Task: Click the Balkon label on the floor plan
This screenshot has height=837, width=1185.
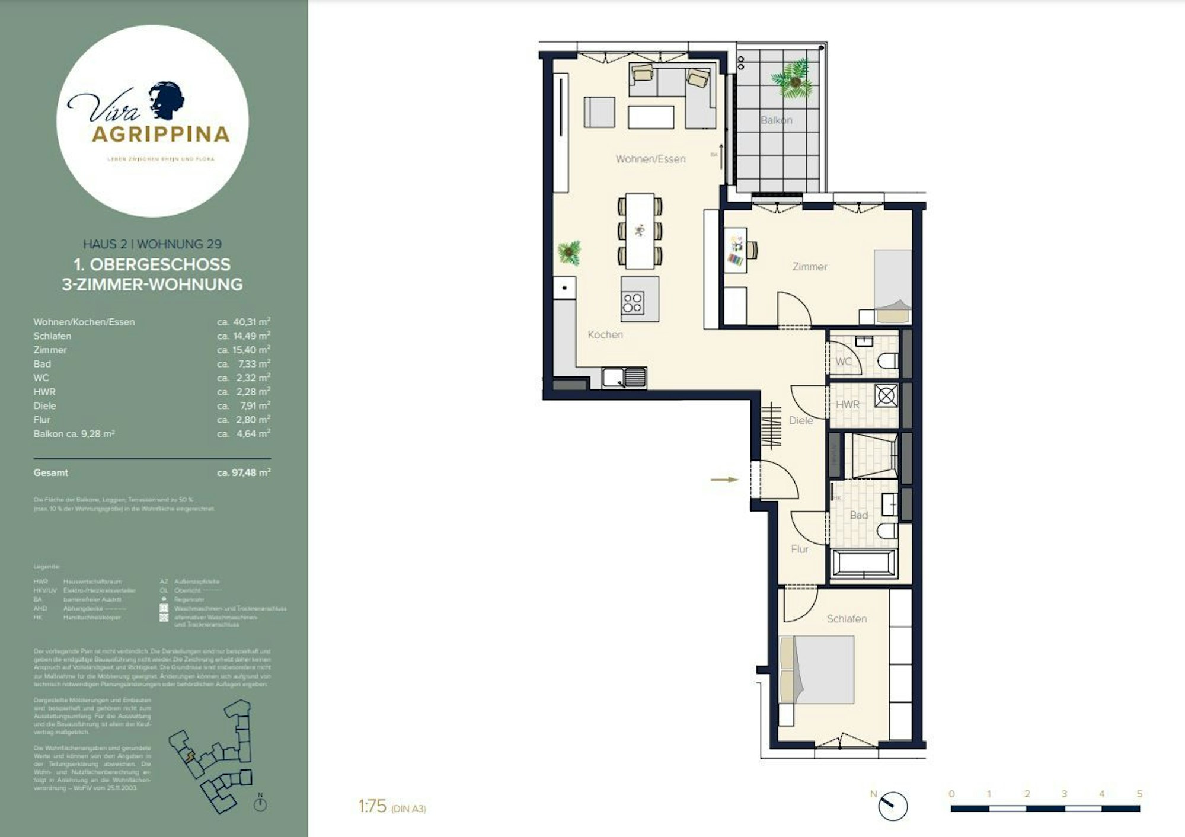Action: pyautogui.click(x=776, y=120)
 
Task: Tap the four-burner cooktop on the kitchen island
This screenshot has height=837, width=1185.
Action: pyautogui.click(x=633, y=303)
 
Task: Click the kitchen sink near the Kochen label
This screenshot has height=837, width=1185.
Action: pyautogui.click(x=624, y=378)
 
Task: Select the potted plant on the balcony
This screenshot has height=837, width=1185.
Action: pyautogui.click(x=793, y=80)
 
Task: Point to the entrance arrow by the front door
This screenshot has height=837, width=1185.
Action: pyautogui.click(x=724, y=479)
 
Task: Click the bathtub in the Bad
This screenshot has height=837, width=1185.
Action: pyautogui.click(x=864, y=563)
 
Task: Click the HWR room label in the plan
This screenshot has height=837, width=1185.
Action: pyautogui.click(x=847, y=404)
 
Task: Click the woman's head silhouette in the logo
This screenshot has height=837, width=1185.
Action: pyautogui.click(x=166, y=99)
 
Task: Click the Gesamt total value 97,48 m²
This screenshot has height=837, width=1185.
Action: pyautogui.click(x=244, y=473)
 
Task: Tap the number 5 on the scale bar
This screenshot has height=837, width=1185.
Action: pyautogui.click(x=1139, y=794)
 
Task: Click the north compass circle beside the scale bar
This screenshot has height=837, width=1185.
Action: pyautogui.click(x=892, y=806)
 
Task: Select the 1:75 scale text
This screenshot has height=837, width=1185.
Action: pyautogui.click(x=372, y=806)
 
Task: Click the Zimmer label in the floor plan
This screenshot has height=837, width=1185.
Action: pyautogui.click(x=809, y=267)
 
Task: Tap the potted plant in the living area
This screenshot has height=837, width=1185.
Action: pyautogui.click(x=569, y=253)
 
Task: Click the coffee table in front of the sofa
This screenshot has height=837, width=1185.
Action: pyautogui.click(x=651, y=117)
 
